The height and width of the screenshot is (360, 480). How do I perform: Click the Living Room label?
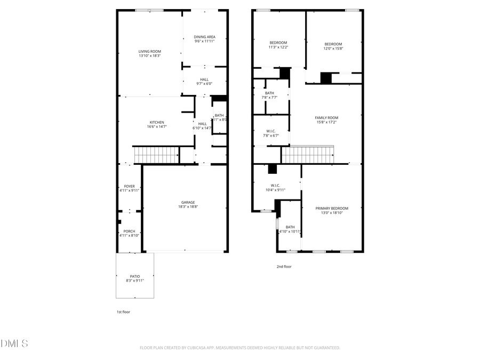149,51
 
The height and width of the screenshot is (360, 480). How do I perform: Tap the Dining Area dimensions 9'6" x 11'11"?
204,41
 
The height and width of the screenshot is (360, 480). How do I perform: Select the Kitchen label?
157,122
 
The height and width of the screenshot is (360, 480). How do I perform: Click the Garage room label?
188,202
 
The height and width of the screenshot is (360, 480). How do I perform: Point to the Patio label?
135,276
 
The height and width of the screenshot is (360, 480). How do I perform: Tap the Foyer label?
130,186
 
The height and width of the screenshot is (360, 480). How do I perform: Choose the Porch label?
130,231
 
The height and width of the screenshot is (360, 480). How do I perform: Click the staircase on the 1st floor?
156,155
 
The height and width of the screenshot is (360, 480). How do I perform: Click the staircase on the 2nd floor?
307,155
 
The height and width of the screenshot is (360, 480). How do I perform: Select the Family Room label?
326,118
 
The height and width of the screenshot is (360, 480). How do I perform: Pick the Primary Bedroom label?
331,209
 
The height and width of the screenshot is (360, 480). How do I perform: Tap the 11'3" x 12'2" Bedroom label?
278,43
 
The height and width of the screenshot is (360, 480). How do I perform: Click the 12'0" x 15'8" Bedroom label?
333,44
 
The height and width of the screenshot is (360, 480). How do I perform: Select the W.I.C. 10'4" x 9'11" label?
275,186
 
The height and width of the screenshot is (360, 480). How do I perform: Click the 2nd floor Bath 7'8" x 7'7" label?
269,93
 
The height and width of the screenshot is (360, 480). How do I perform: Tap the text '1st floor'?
123,312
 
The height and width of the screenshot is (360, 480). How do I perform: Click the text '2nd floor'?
284,266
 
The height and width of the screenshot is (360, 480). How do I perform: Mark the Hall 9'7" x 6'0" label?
204,79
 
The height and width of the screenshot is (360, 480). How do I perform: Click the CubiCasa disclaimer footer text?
239,348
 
